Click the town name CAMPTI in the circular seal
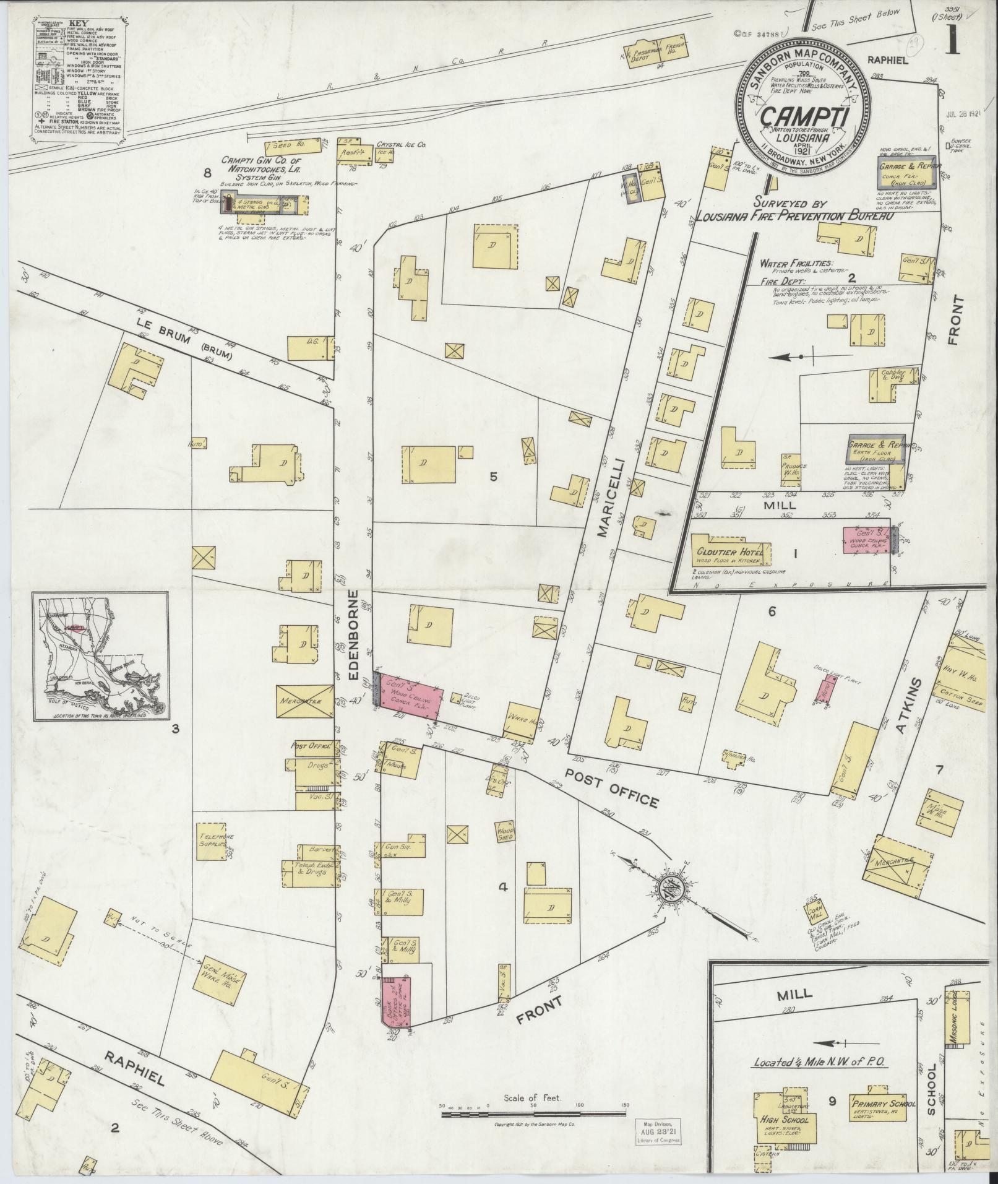click(x=802, y=116)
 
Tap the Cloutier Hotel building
click(x=730, y=551)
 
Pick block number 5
click(x=493, y=477)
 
